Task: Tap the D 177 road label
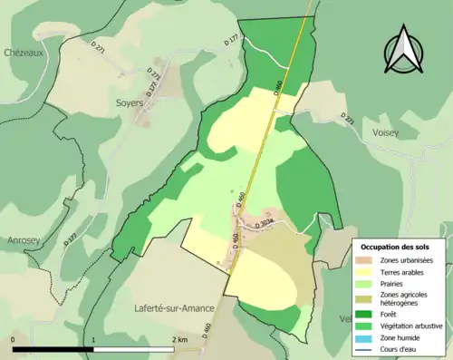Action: click(232, 39)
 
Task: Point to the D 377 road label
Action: click(71, 239)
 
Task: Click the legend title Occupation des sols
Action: click(396, 246)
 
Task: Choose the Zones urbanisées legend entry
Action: click(406, 261)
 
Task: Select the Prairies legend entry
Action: click(394, 284)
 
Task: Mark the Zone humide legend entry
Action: click(400, 336)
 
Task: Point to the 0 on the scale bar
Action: click(14, 340)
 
